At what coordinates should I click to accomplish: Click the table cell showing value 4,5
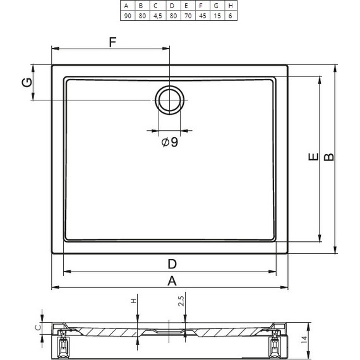pos(158,16)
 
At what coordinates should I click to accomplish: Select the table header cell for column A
pos(128,6)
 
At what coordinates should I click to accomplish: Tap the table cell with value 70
pos(188,16)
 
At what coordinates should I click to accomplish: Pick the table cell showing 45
pos(203,16)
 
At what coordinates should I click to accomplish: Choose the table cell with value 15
pos(217,16)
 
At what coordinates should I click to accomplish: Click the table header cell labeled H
pos(231,6)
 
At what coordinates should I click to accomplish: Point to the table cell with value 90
pos(128,16)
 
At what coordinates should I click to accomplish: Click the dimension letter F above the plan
pos(112,42)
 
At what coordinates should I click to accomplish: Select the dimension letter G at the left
pos(27,83)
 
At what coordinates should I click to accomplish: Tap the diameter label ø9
pos(170,142)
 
